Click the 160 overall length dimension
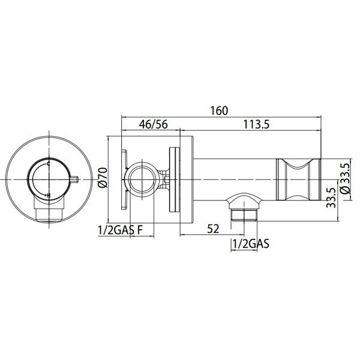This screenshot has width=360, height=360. point(220,110)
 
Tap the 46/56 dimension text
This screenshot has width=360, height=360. point(154,124)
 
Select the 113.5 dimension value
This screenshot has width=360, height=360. point(256,124)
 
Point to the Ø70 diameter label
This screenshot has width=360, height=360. point(103,178)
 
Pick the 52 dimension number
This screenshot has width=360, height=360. point(213,229)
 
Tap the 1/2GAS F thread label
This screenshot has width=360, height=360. point(121,230)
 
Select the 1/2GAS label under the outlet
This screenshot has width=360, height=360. point(251,244)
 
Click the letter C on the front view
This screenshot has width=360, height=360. point(48,164)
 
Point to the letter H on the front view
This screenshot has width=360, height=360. point(49,196)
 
